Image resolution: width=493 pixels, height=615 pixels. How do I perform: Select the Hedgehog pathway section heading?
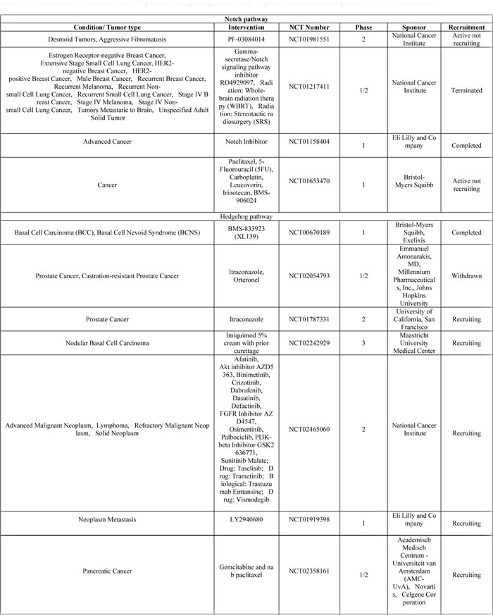tap(246, 217)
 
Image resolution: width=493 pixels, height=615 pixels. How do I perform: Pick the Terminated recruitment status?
tap(466, 90)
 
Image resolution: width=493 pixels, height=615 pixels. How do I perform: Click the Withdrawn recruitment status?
tap(466, 275)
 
